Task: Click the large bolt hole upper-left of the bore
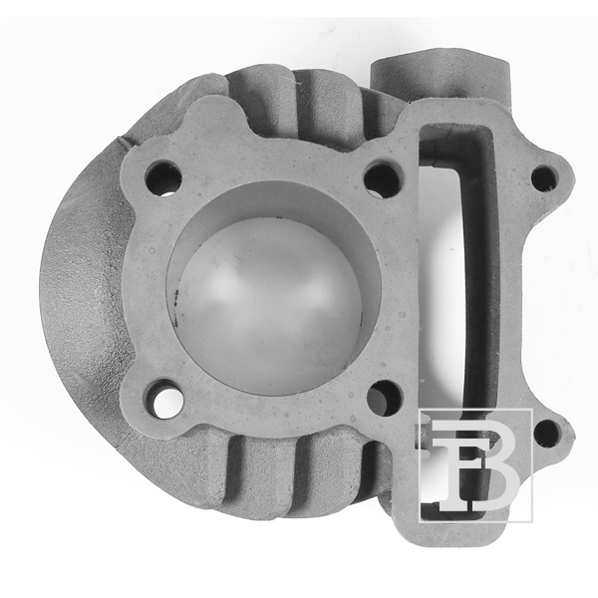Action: (x=162, y=177)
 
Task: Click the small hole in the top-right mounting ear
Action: (x=545, y=178)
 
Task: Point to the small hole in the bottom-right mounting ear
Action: (x=548, y=434)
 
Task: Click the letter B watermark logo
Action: (x=475, y=464)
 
